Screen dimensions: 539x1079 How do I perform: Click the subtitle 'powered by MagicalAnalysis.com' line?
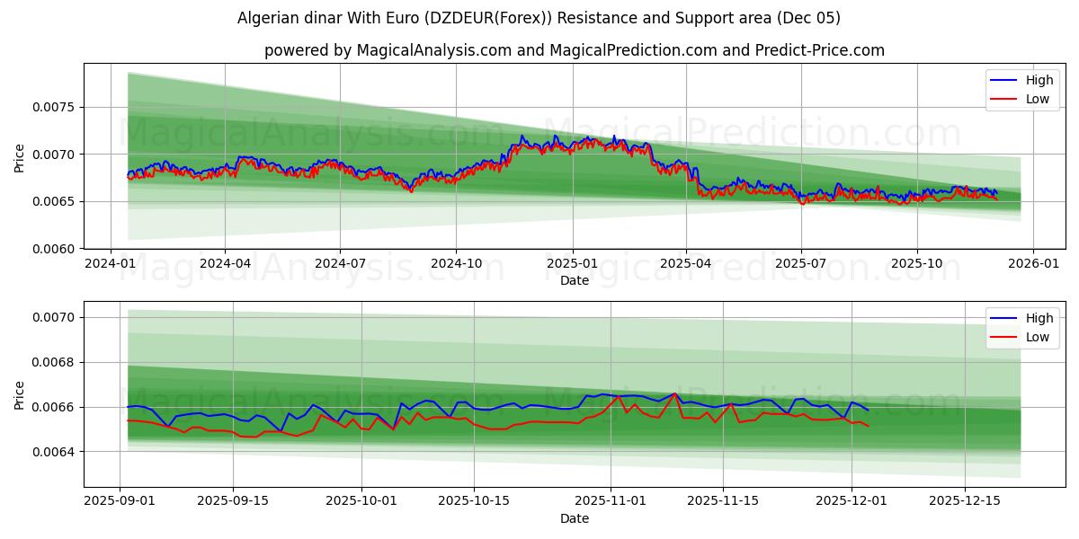(x=574, y=50)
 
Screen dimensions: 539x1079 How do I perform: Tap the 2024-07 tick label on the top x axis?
(x=340, y=264)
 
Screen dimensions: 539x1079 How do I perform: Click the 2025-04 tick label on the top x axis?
(x=686, y=264)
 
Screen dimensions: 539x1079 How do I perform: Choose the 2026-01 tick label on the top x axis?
(x=1032, y=264)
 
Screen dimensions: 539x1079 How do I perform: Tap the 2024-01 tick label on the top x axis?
(x=111, y=264)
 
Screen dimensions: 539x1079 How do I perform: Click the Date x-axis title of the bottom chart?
(x=574, y=518)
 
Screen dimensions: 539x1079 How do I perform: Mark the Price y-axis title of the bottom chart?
(x=20, y=394)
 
